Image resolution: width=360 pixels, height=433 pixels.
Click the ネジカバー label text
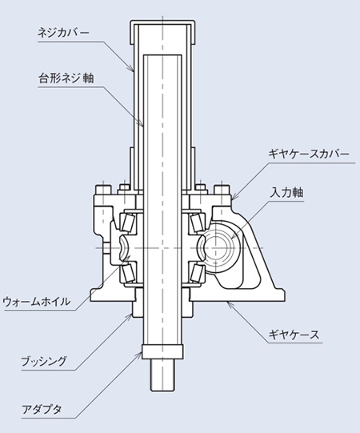tap(63, 33)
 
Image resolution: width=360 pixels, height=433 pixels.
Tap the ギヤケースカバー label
tap(309, 154)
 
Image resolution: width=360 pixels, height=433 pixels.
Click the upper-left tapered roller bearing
tap(128, 221)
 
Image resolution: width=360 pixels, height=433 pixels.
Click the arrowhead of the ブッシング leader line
tap(131, 315)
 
